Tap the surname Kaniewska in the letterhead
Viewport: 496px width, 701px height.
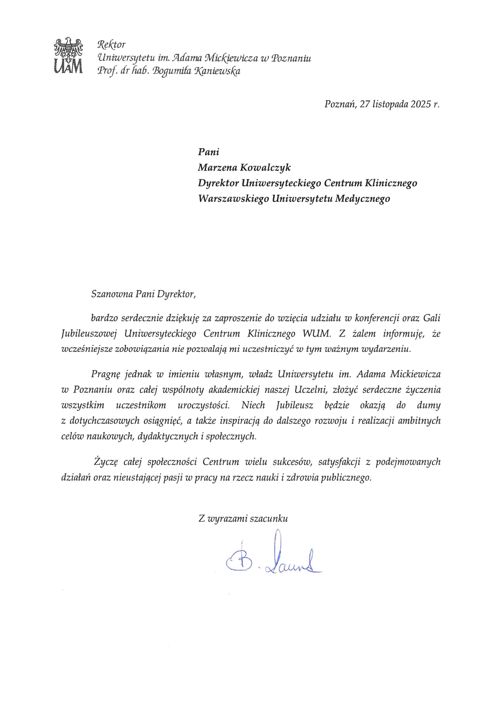(218, 72)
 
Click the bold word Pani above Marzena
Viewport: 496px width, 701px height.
(209, 152)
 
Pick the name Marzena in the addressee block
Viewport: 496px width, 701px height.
(219, 168)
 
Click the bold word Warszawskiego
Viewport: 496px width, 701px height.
(233, 199)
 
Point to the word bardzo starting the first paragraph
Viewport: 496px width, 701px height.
(104, 319)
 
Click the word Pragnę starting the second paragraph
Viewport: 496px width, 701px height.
(105, 374)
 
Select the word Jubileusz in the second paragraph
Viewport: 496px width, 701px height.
(295, 405)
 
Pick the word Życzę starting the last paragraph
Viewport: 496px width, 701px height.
(105, 462)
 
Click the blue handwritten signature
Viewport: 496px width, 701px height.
(274, 558)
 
